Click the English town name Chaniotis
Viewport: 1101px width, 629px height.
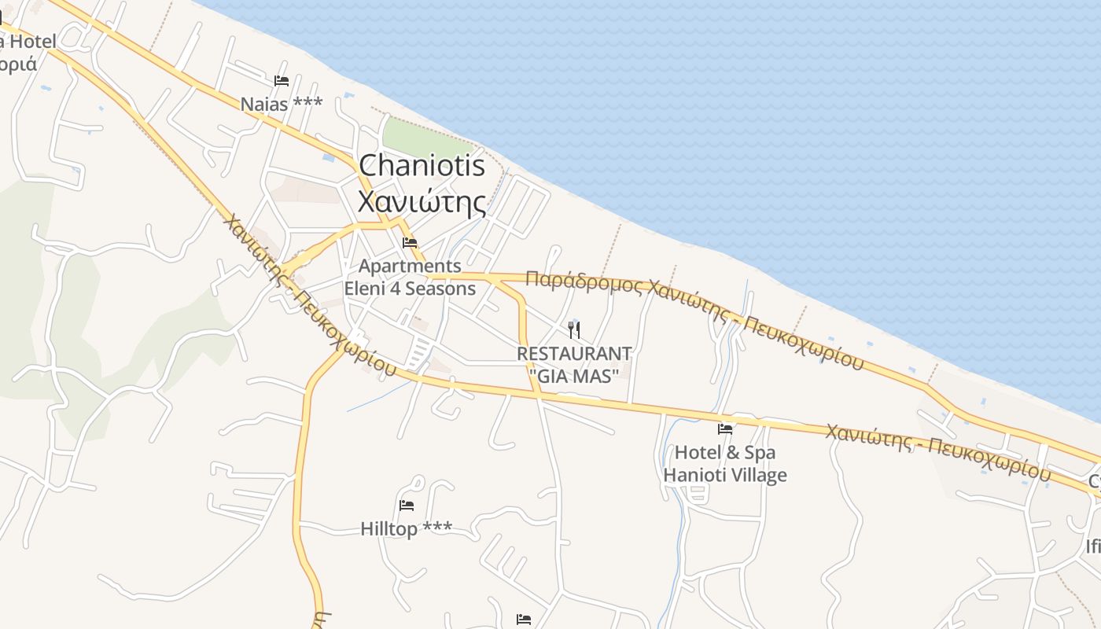click(422, 166)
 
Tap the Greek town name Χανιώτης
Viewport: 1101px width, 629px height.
click(422, 201)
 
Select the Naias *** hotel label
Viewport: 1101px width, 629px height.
click(281, 104)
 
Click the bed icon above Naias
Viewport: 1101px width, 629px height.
click(282, 81)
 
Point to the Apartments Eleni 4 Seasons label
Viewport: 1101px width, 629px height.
click(410, 277)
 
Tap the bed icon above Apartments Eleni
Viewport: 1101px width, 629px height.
click(410, 243)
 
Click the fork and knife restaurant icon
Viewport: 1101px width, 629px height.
click(574, 329)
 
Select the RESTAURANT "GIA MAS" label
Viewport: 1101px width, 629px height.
click(574, 365)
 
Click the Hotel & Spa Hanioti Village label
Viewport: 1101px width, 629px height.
click(724, 464)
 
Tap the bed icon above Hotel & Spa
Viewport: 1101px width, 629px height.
click(725, 429)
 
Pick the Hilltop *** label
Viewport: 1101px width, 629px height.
click(406, 529)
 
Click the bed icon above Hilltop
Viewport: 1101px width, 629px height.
click(407, 506)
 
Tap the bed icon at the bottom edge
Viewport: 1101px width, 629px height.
click(524, 620)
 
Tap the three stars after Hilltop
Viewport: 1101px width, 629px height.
click(438, 528)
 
